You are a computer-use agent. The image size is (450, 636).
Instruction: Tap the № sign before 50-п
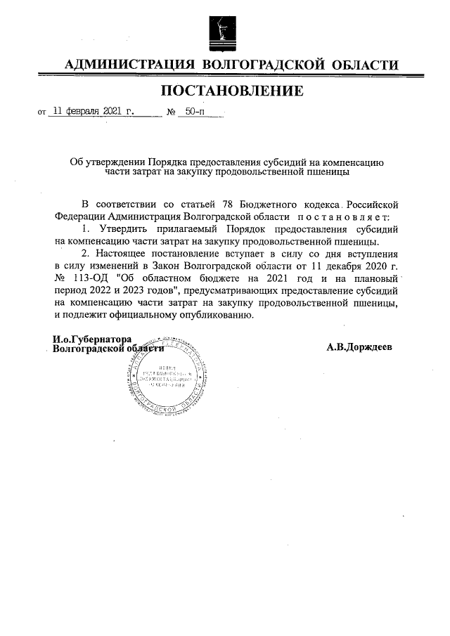click(x=170, y=112)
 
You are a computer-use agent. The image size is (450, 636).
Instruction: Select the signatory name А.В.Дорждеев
click(x=359, y=348)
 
